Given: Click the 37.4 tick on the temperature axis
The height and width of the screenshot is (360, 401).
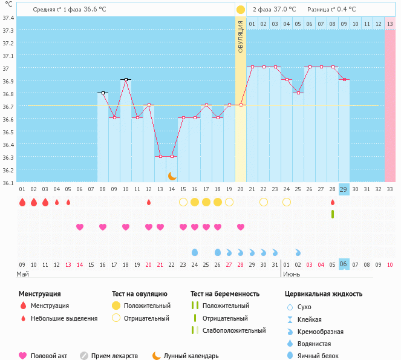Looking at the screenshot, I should pyautogui.click(x=8, y=17).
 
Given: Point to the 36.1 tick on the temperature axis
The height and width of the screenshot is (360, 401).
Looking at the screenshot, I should pyautogui.click(x=8, y=182).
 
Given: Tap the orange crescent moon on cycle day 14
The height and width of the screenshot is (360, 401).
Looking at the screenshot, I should pyautogui.click(x=172, y=175).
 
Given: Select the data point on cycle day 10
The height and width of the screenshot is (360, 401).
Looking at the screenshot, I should pyautogui.click(x=126, y=79).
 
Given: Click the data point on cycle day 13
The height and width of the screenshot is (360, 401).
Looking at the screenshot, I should pyautogui.click(x=160, y=156).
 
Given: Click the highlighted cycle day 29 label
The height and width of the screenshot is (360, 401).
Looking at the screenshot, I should pyautogui.click(x=344, y=189).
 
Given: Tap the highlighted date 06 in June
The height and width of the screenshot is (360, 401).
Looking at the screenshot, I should pyautogui.click(x=344, y=264).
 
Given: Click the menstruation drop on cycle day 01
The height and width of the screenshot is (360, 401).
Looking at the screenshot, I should pyautogui.click(x=22, y=202).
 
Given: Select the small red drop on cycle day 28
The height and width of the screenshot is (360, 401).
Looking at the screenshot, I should pyautogui.click(x=332, y=202).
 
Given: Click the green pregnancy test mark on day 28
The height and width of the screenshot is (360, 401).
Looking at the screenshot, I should pyautogui.click(x=332, y=214).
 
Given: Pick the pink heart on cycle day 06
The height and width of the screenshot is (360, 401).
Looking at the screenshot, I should pyautogui.click(x=80, y=227).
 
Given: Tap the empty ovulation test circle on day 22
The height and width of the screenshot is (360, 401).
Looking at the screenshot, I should pyautogui.click(x=264, y=202).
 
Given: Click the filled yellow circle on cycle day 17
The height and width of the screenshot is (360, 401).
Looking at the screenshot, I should pyautogui.click(x=206, y=202).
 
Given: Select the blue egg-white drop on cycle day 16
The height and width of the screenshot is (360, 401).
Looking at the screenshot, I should pyautogui.click(x=195, y=252).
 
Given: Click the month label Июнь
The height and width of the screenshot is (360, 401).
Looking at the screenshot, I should pyautogui.click(x=291, y=274).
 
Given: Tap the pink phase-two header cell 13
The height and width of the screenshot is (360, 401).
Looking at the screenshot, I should pyautogui.click(x=390, y=24).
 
